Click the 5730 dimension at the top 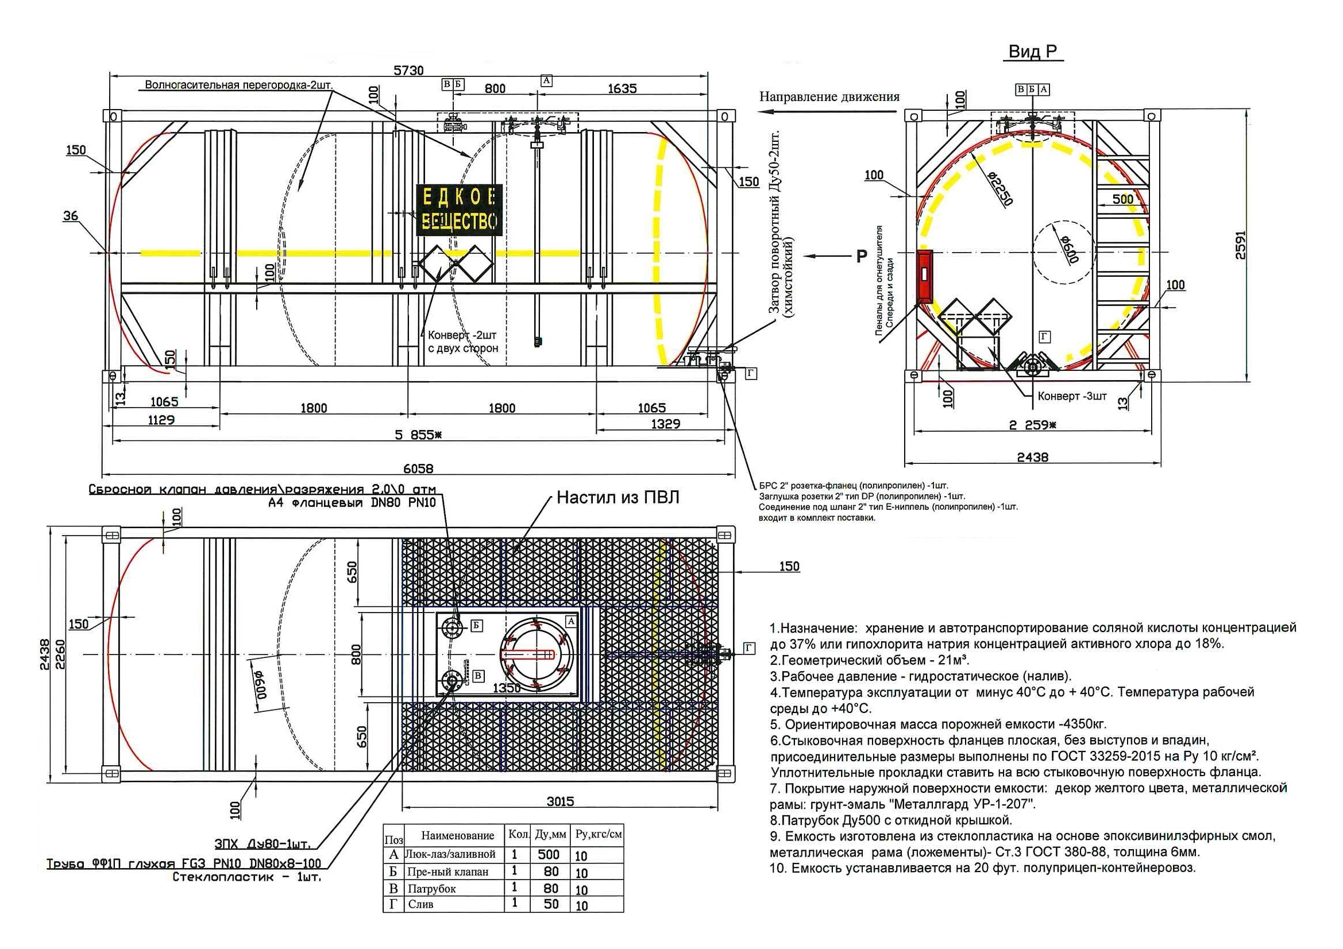[408, 70]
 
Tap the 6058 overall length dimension [418, 468]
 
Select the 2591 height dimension [1240, 246]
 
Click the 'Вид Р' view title [1033, 52]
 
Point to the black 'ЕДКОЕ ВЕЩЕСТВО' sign [459, 210]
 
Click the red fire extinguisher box [924, 274]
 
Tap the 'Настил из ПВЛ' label [618, 498]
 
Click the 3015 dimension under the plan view [560, 801]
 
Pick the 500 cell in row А [548, 854]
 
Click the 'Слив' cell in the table [420, 905]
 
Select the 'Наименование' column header [457, 835]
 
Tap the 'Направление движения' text [829, 96]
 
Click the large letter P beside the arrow [862, 255]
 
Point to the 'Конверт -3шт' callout [1072, 396]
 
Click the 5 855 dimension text [418, 435]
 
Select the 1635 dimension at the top [622, 88]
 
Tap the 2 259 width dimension [1032, 425]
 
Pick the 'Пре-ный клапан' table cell [447, 872]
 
